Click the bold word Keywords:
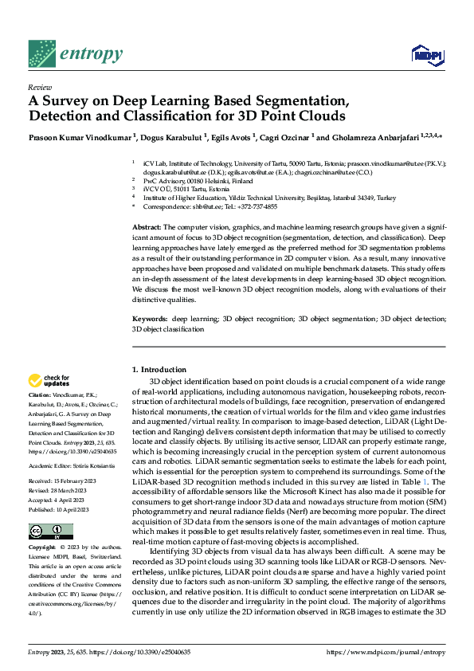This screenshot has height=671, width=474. click(x=151, y=341)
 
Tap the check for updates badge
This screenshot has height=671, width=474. click(x=49, y=382)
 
